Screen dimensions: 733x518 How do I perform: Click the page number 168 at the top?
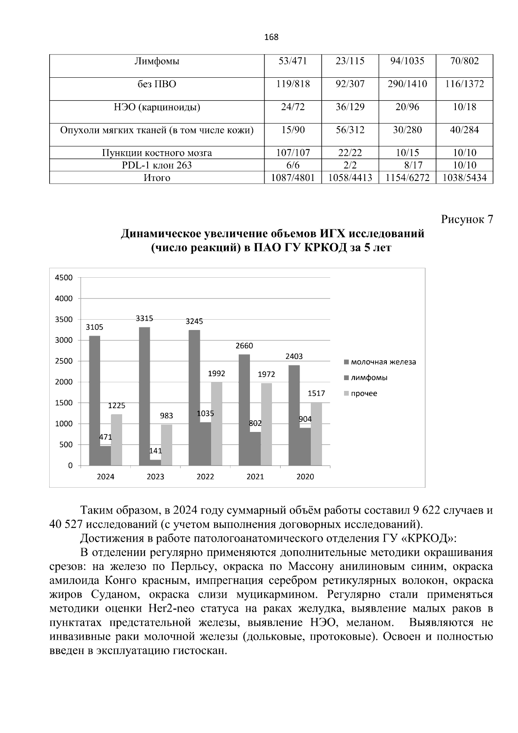coord(271,37)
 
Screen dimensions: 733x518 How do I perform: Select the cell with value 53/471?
coord(293,61)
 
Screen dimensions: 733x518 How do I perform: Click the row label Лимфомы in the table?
coord(157,61)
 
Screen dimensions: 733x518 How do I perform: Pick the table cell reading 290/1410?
coord(407,84)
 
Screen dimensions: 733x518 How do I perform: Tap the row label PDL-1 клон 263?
coord(157,165)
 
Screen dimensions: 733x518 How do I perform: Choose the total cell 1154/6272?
coord(407,178)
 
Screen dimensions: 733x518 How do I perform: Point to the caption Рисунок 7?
coord(467,219)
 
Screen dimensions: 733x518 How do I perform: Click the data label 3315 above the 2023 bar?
coord(144,318)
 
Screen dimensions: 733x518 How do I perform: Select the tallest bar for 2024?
coord(95,400)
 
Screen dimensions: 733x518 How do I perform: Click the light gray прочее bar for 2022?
coord(216,423)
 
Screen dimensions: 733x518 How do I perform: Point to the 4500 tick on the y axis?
coord(64,278)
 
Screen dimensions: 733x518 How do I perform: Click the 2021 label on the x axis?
coord(255,477)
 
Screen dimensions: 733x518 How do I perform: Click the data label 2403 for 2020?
coord(294,356)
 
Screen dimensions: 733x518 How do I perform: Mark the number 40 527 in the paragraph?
coord(66,524)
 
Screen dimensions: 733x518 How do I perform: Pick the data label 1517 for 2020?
coord(316,393)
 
